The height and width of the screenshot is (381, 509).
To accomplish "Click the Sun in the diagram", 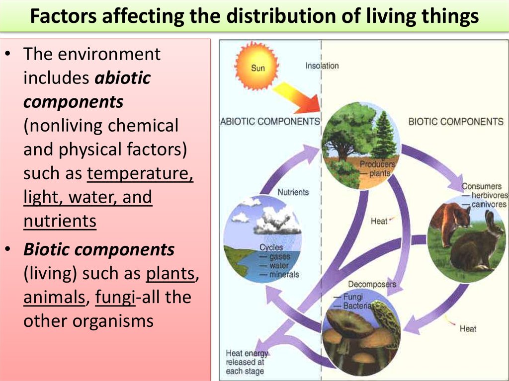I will click(257, 66).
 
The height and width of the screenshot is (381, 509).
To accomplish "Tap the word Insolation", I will click(322, 66).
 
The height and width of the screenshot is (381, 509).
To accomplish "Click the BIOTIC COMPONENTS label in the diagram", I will click(455, 121).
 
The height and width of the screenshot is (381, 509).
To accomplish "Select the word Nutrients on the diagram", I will click(293, 192).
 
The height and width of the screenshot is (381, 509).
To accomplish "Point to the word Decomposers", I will click(372, 284).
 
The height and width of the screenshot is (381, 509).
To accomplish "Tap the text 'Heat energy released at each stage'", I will click(246, 362).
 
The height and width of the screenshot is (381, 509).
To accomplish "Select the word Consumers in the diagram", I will click(482, 186).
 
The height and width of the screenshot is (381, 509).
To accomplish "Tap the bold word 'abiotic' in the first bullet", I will click(122, 78).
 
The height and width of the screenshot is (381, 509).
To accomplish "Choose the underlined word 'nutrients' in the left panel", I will click(60, 221).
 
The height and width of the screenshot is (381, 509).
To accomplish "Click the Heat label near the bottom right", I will click(468, 328).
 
